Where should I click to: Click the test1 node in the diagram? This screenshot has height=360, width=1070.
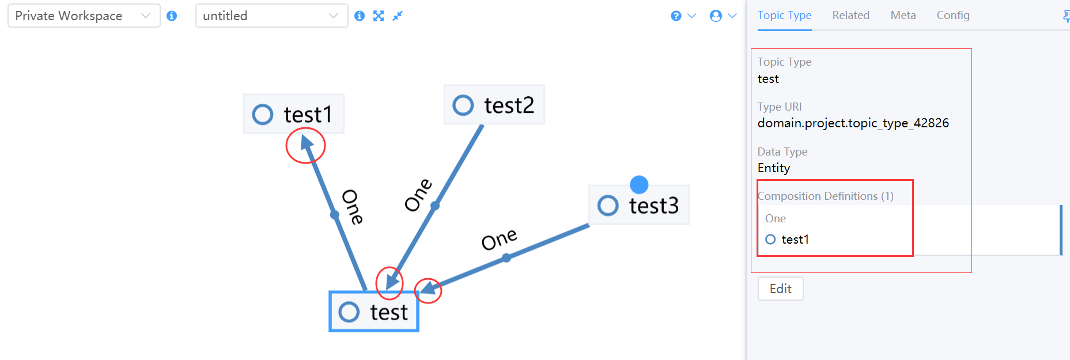point(294,114)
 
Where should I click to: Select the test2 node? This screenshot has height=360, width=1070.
point(494,105)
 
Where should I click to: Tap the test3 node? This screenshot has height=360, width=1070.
point(638,205)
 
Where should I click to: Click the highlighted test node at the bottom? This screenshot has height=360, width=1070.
point(373,312)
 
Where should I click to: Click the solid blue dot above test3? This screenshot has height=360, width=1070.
point(639,184)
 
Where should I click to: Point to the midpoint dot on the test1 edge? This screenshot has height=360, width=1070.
point(335,215)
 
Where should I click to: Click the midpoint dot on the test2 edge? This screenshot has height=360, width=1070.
point(435,206)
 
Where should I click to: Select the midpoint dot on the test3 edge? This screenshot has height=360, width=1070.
point(506,257)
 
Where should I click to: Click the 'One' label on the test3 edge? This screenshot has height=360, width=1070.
point(499,239)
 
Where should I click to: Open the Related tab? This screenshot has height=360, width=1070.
point(850,16)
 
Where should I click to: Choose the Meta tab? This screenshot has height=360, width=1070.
point(903,16)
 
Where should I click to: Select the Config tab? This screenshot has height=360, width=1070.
point(952,16)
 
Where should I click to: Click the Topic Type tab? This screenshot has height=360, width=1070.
point(784,16)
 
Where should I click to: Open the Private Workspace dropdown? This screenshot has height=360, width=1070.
point(84,16)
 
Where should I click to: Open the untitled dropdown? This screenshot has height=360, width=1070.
point(271,16)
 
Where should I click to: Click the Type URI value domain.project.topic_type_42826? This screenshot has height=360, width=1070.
point(853,123)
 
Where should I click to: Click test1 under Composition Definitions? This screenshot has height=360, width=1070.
point(795,239)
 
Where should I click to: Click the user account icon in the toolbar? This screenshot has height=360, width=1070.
point(716,16)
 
